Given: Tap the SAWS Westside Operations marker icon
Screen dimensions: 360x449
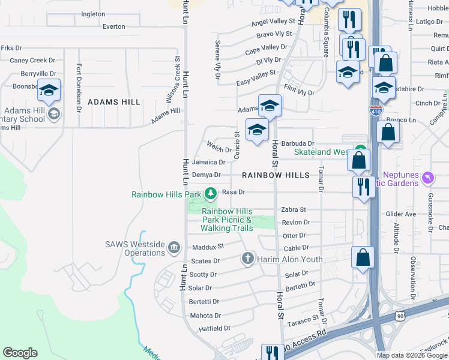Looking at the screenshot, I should pyautogui.click(x=174, y=247).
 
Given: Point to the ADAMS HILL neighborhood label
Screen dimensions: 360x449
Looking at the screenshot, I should pyautogui.click(x=114, y=103).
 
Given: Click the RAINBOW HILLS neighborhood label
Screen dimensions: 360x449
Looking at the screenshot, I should pyautogui.click(x=276, y=175).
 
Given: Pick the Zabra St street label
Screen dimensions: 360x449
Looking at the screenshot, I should pyautogui.click(x=294, y=210).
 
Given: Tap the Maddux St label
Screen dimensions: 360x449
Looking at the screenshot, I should pyautogui.click(x=208, y=246).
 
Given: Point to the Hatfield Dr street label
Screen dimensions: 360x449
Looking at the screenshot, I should pyautogui.click(x=215, y=328).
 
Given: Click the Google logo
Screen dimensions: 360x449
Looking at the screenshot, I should pyautogui.click(x=20, y=353).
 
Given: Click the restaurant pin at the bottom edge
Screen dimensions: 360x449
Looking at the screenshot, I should pyautogui.click(x=273, y=353).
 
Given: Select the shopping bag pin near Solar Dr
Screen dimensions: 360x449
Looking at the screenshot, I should pyautogui.click(x=363, y=257).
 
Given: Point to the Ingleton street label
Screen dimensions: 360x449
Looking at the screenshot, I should pyautogui.click(x=93, y=14).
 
